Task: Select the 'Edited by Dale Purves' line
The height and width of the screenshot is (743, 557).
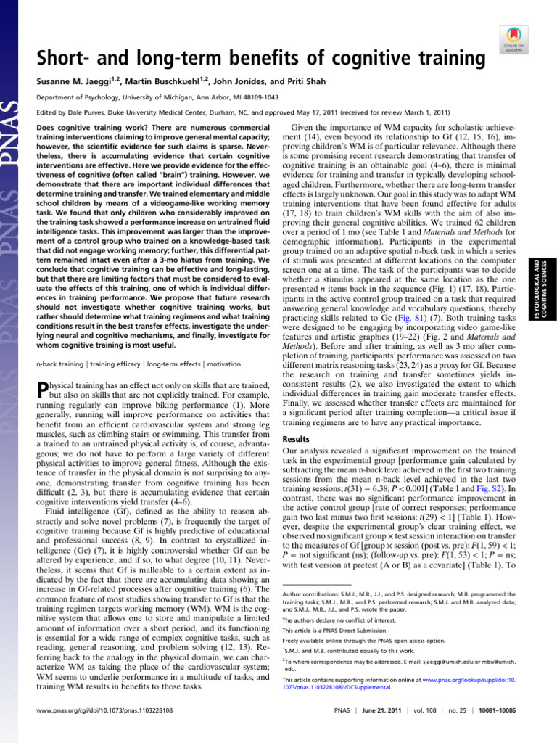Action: pyautogui.click(x=242, y=112)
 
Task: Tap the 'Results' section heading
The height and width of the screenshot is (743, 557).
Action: pyautogui.click(x=295, y=439)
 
